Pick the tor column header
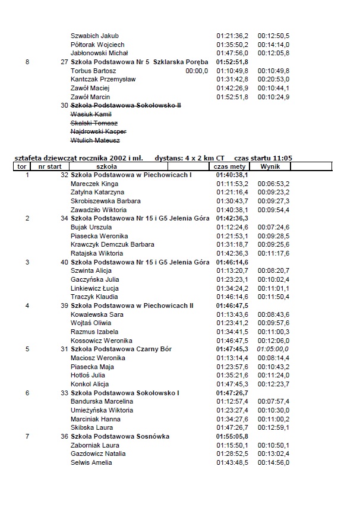pos(22,167)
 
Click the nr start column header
pos(50,167)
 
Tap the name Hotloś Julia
pos(88,375)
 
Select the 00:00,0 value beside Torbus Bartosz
pos(197,71)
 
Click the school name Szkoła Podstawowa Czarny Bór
pos(121,349)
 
